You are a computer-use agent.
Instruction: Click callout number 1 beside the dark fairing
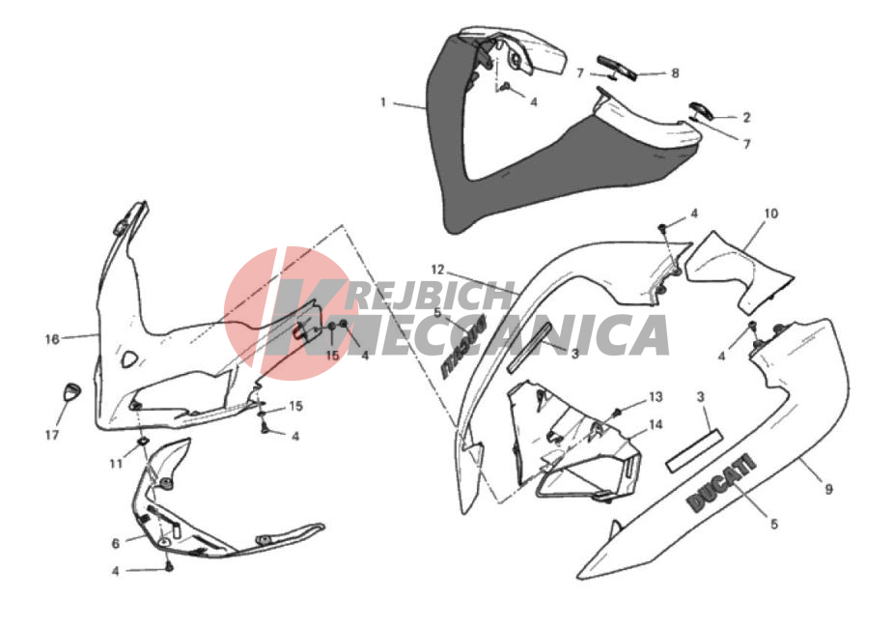coord(383,102)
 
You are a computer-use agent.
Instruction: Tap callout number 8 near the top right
coord(676,72)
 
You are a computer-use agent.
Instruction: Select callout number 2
coord(746,118)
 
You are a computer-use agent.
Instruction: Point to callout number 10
coord(770,214)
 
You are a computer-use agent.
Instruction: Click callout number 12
coord(437,269)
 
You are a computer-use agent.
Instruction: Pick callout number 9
coord(828,489)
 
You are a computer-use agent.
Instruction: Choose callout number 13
coord(656,397)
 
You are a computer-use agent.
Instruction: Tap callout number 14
coord(656,424)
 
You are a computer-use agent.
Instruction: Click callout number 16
coord(52,340)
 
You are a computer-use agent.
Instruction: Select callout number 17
coord(52,436)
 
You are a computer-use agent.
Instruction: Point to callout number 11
coord(116,464)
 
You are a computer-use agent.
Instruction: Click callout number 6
coord(116,544)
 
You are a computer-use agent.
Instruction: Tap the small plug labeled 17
coord(71,392)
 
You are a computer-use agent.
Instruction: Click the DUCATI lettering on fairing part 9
coord(721,483)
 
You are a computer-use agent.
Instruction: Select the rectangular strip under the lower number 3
coord(695,451)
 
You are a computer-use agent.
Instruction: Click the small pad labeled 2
coord(699,110)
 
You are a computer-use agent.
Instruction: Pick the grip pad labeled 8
coord(617,68)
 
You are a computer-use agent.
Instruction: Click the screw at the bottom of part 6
coord(169,566)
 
